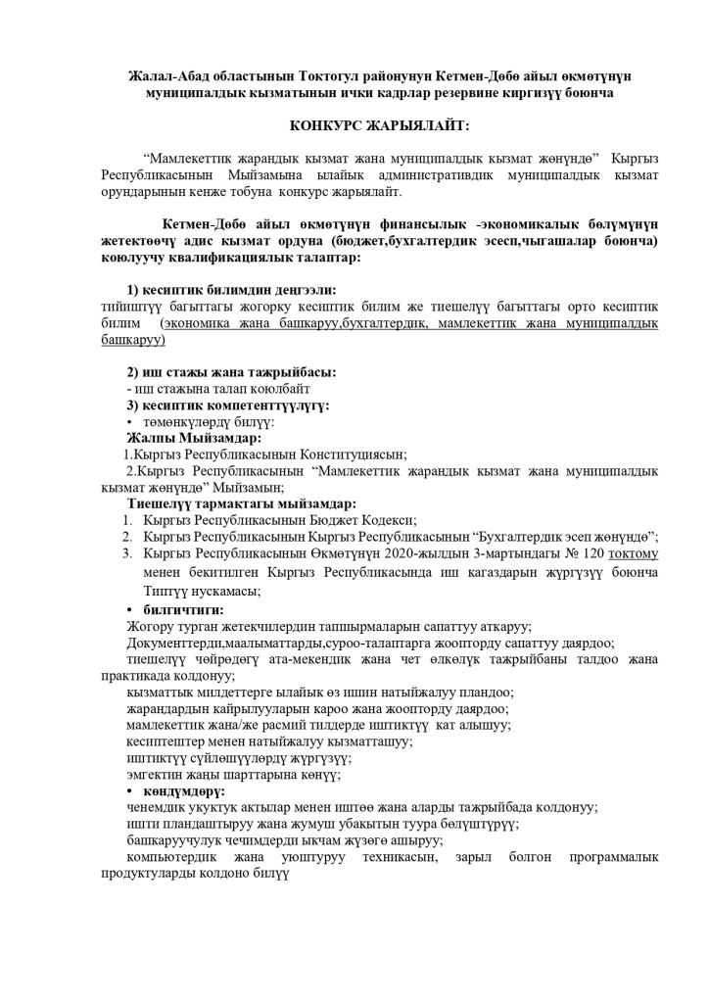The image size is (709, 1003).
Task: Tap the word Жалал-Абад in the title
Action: (169, 76)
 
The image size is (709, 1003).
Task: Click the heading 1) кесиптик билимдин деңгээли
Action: (231, 290)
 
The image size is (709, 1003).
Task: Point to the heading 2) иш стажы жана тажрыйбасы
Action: (231, 372)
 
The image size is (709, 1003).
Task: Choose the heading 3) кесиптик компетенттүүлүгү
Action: (228, 405)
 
